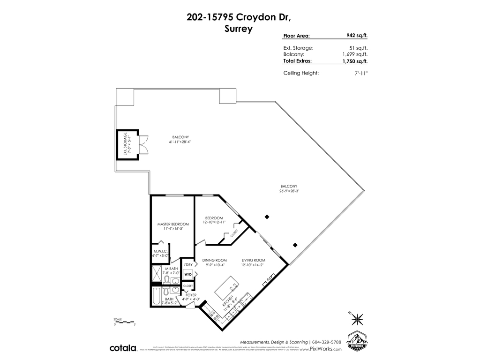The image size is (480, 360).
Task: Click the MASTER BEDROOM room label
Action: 173,224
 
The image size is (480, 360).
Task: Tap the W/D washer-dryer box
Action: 187,274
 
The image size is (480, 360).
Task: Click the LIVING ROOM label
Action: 254,260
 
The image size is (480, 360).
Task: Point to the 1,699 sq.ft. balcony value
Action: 355,54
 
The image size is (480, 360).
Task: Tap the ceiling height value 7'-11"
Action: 361,73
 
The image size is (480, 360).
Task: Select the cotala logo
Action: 123,348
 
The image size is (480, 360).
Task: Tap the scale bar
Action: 124,321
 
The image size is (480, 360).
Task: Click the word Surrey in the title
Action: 239,29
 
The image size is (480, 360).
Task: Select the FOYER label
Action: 191,295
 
